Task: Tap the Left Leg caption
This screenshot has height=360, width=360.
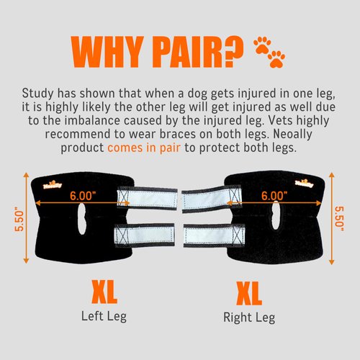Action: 104,316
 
